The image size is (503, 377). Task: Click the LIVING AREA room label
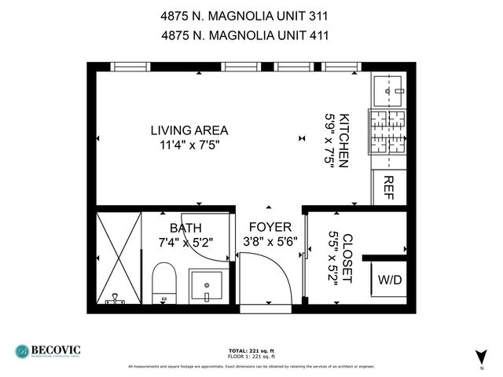point(189,130)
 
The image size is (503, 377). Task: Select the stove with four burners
point(387,131)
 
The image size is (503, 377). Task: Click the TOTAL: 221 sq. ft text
point(251,350)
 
